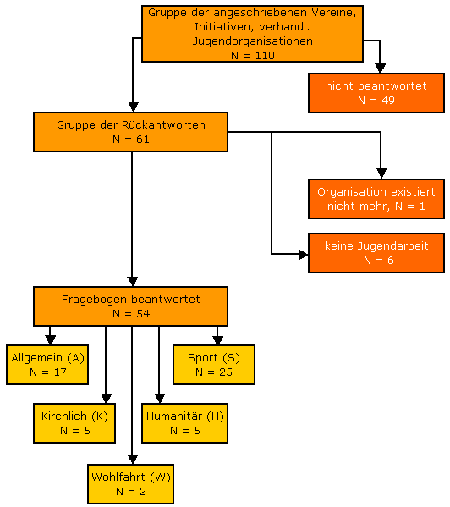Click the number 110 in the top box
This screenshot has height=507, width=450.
point(264,55)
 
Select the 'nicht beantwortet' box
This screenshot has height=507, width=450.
point(376,93)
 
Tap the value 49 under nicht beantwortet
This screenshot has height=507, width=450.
point(388,100)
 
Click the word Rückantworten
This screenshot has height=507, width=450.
point(163,124)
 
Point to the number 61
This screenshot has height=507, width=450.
point(142,140)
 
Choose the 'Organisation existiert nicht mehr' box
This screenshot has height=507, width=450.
point(376,199)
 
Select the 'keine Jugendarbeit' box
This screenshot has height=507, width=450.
point(376,253)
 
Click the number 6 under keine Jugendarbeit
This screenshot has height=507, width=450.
point(391,261)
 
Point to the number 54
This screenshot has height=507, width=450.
point(143,314)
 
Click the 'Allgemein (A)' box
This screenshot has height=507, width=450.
point(47,365)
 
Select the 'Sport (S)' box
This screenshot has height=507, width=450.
point(214,365)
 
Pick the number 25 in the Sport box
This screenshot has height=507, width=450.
point(226,372)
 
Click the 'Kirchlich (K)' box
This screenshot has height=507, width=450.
point(74,423)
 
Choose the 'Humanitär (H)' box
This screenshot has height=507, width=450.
point(184,423)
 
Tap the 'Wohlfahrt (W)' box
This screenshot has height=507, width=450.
point(130,484)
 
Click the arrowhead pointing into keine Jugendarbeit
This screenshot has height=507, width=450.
point(304,255)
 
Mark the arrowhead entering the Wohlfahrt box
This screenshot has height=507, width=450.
point(132,460)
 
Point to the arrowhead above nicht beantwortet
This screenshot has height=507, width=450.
point(380,69)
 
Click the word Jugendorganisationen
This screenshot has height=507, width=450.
point(253,41)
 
